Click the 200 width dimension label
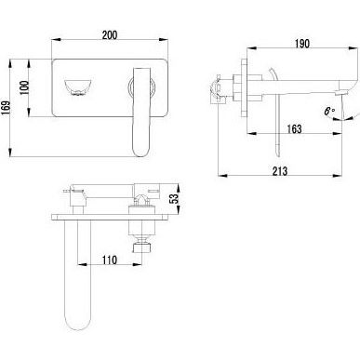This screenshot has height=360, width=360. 110,34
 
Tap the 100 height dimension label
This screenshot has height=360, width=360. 24,88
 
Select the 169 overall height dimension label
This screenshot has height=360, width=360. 6,108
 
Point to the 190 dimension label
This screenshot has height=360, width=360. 301,44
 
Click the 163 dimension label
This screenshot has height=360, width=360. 293,128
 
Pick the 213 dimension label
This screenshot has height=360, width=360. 280,171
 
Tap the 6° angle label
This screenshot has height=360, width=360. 330,112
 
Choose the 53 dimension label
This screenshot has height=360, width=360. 176,198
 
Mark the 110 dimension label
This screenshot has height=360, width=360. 110,260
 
